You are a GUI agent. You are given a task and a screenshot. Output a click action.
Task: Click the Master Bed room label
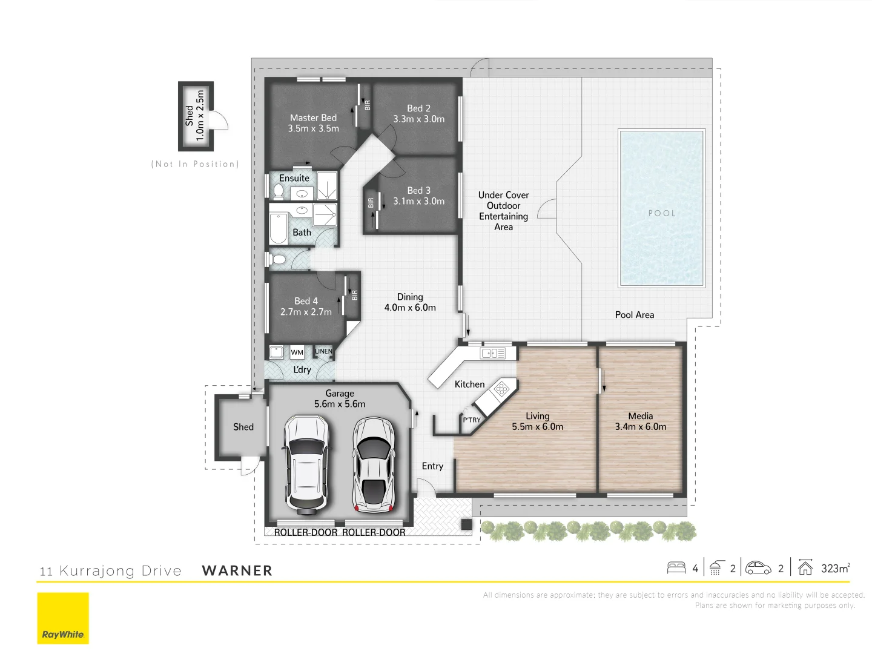[313, 118]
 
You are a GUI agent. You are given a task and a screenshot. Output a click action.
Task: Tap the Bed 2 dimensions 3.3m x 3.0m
[418, 119]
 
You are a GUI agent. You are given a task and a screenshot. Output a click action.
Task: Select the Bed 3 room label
[418, 190]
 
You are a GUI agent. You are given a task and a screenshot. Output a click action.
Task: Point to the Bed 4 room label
[306, 301]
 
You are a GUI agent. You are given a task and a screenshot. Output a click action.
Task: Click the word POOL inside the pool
[661, 213]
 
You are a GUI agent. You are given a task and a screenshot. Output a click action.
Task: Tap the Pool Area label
[634, 315]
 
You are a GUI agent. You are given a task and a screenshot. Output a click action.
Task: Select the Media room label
[640, 416]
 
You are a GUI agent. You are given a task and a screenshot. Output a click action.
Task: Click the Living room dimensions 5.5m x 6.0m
[537, 427]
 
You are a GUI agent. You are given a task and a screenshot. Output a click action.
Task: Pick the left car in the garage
[307, 463]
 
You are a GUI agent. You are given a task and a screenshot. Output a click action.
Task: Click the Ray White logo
[63, 618]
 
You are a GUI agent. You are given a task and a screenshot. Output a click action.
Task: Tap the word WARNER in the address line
[237, 571]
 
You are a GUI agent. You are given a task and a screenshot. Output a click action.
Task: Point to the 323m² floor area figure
[835, 569]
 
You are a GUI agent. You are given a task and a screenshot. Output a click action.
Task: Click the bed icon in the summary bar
[676, 568]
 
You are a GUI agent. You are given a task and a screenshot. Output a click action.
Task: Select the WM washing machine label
[297, 352]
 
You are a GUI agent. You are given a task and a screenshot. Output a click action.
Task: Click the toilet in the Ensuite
[279, 191]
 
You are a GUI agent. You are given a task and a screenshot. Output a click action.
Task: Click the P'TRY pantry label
[471, 420]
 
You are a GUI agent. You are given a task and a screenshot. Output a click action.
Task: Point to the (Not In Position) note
[195, 164]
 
